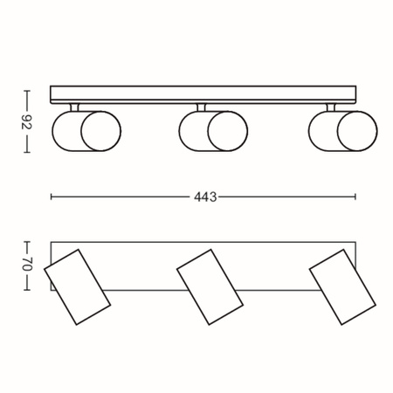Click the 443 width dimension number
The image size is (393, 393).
click(204, 197)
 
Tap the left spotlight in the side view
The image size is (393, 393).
click(86, 131)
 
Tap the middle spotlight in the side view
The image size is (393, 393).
click(213, 131)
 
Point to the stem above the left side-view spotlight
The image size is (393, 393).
click(76, 107)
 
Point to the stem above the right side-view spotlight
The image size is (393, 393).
click(330, 107)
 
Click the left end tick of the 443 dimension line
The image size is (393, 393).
click(52, 197)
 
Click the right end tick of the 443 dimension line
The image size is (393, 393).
click(357, 197)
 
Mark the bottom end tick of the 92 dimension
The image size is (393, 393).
click(27, 154)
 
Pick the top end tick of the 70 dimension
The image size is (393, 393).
click(27, 241)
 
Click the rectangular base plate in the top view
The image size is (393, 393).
click(140, 262)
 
